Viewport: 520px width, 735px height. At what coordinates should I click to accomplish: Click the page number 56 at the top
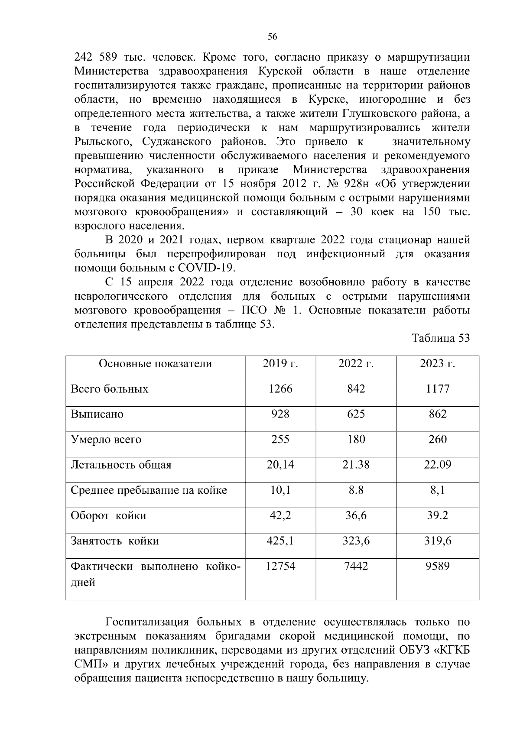click(272, 37)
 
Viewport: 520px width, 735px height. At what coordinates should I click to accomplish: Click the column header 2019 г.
click(280, 363)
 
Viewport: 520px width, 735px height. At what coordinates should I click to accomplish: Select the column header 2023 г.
click(437, 363)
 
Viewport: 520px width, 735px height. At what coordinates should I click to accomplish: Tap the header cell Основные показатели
click(155, 363)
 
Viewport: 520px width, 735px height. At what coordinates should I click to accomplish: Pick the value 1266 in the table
click(280, 389)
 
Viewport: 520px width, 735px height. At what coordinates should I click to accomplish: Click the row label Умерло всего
click(106, 440)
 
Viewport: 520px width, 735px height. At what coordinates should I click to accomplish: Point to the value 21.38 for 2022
click(356, 465)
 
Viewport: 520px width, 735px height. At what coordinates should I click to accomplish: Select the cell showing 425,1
click(280, 541)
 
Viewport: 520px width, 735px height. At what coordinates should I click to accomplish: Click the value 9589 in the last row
click(437, 566)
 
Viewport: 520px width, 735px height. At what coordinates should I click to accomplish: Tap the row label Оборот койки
click(108, 516)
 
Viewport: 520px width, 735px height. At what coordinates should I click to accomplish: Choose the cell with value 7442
click(356, 566)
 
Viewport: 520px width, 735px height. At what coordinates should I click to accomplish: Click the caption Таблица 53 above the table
click(441, 338)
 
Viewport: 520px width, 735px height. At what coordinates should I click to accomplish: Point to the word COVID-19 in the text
click(209, 268)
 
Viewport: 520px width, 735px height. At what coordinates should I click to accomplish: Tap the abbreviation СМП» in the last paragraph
click(91, 664)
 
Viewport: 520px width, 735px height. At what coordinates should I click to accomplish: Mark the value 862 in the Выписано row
click(437, 414)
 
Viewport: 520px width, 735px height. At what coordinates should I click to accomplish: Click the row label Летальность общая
click(121, 465)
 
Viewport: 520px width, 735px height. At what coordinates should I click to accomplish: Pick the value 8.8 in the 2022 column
click(356, 490)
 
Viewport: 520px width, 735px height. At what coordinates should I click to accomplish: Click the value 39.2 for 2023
click(437, 515)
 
